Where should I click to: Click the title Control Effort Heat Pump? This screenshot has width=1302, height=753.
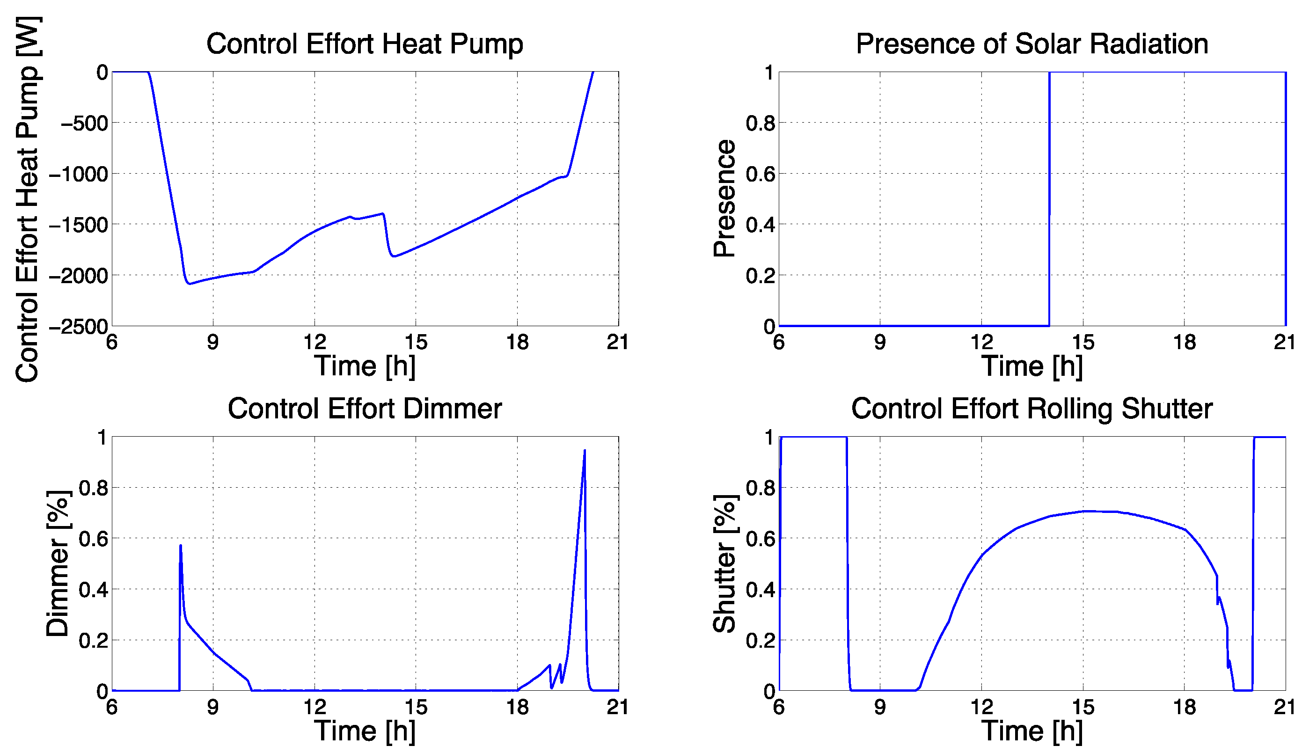(364, 44)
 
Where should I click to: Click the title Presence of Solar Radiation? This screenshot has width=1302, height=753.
(1032, 44)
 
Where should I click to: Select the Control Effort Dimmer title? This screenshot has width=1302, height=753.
(364, 409)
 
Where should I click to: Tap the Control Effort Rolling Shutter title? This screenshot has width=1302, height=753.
(1032, 409)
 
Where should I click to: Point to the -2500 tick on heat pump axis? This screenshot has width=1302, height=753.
(79, 327)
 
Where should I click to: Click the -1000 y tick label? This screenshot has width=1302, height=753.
(79, 175)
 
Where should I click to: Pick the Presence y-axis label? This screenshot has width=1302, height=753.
(724, 198)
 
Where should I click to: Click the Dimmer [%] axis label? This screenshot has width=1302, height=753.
(58, 563)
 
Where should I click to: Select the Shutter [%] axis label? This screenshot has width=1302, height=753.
(724, 563)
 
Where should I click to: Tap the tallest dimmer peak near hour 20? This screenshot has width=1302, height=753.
(585, 451)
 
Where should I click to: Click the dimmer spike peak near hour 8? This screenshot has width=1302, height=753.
(180, 546)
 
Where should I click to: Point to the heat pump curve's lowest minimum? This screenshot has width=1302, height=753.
(190, 283)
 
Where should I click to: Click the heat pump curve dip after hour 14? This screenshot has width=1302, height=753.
(394, 256)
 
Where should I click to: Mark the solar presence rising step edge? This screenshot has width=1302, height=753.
(1049, 198)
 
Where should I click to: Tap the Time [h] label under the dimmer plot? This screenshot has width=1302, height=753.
(364, 730)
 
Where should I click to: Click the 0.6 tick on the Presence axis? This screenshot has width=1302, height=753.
(760, 175)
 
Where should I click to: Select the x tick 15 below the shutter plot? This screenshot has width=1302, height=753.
(1083, 707)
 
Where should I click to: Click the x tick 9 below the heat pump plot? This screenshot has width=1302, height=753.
(213, 342)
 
